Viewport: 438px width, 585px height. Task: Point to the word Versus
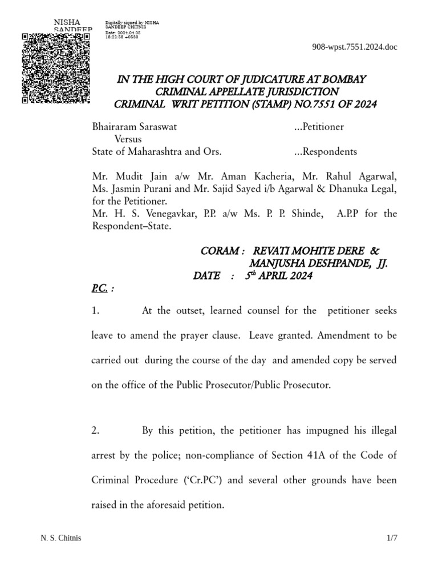pos(128,139)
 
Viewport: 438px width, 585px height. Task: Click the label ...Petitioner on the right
pos(319,127)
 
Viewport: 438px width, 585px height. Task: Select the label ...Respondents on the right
pos(325,151)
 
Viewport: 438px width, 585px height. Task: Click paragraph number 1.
pos(96,311)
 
